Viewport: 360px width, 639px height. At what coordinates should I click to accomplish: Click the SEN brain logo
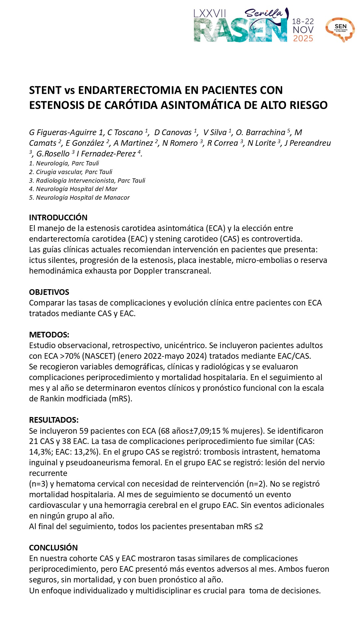click(340, 29)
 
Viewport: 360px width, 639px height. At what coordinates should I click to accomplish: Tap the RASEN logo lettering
click(240, 30)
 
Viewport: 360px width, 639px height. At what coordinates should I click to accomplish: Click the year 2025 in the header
click(303, 39)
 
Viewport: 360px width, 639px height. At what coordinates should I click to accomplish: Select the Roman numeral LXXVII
click(210, 14)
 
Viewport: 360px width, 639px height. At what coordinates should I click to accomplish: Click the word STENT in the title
click(45, 90)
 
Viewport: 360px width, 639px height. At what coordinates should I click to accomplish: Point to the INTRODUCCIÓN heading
click(58, 218)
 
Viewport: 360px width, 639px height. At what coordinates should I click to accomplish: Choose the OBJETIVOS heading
click(49, 292)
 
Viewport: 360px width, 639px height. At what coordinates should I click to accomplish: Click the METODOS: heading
click(49, 335)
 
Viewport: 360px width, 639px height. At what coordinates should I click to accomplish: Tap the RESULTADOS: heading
click(54, 420)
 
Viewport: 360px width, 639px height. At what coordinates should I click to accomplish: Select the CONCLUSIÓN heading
click(53, 548)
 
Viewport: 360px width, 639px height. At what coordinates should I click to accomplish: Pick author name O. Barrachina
click(260, 132)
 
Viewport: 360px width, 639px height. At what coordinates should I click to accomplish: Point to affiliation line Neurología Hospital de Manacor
click(83, 198)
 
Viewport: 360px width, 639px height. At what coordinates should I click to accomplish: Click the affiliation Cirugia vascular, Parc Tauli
click(74, 172)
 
